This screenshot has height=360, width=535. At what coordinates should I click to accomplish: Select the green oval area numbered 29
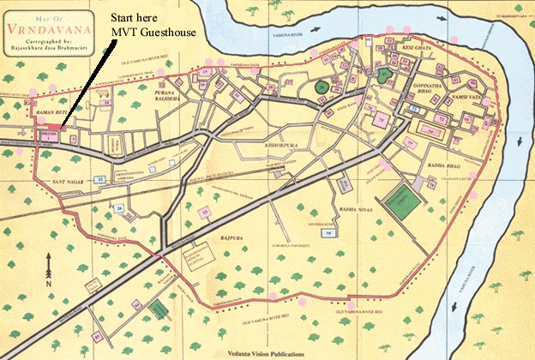point(321,87)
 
